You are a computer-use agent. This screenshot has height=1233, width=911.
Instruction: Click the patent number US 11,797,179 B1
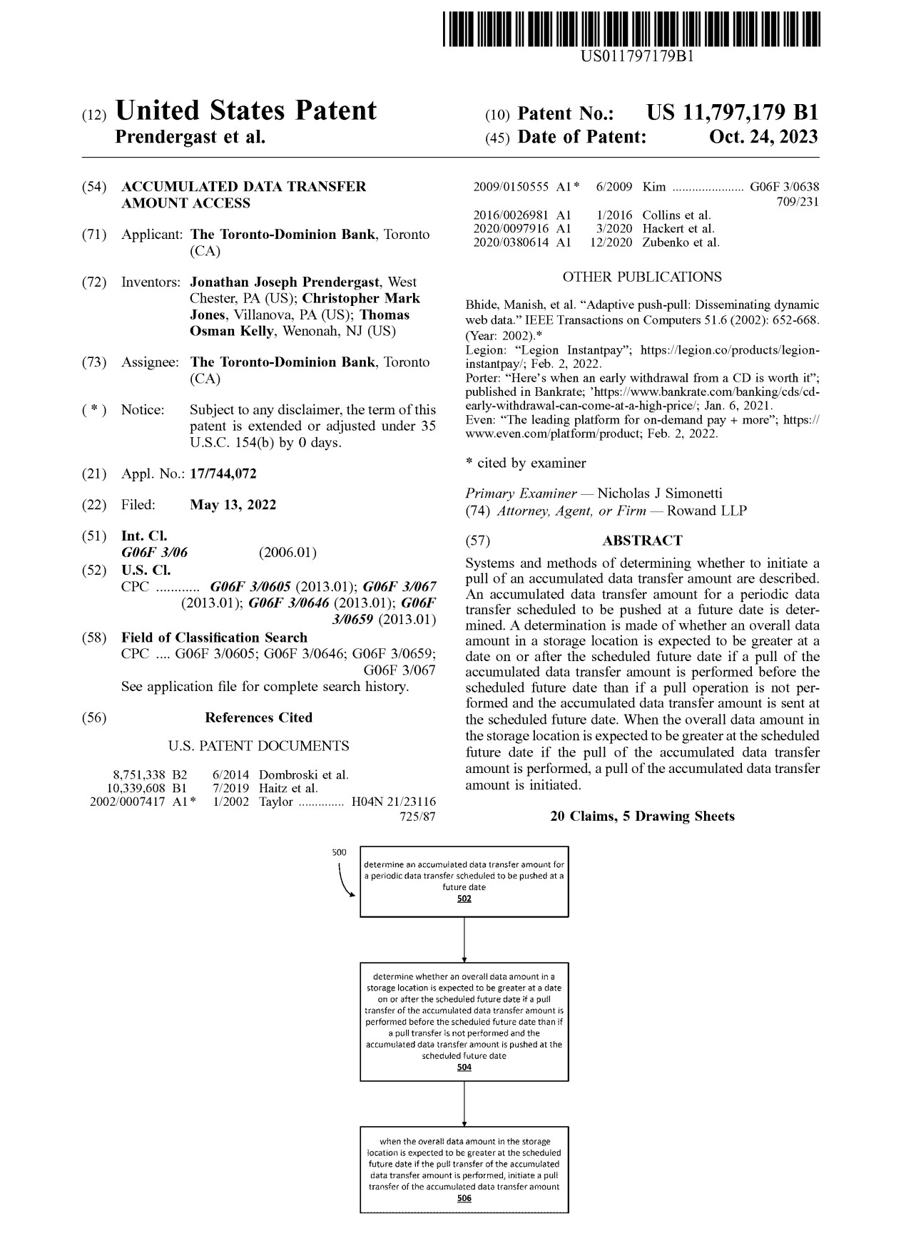(732, 113)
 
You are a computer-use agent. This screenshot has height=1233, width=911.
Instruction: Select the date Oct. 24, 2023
(763, 137)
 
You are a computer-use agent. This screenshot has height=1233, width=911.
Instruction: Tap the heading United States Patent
(245, 111)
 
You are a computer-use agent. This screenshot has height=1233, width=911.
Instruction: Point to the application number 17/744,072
(223, 474)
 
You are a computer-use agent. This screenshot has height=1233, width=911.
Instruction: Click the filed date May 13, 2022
(233, 505)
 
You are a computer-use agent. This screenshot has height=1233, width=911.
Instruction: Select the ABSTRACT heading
(642, 541)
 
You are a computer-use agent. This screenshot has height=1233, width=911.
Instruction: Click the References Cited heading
(258, 717)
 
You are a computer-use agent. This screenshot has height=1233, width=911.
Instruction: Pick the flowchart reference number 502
(464, 899)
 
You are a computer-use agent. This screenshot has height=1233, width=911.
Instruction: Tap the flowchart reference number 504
(464, 1067)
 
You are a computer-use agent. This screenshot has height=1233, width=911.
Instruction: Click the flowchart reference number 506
(464, 1198)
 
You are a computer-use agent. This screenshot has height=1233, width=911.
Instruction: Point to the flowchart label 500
(339, 852)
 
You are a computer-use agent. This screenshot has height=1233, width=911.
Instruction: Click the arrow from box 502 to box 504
(464, 939)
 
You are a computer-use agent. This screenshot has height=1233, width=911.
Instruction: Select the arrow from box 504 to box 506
(464, 1103)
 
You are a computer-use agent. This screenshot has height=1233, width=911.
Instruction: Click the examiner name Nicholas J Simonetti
(659, 493)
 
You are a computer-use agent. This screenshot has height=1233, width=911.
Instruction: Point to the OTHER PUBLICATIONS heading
(641, 277)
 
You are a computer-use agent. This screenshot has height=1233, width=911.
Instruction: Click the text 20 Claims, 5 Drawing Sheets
(642, 816)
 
